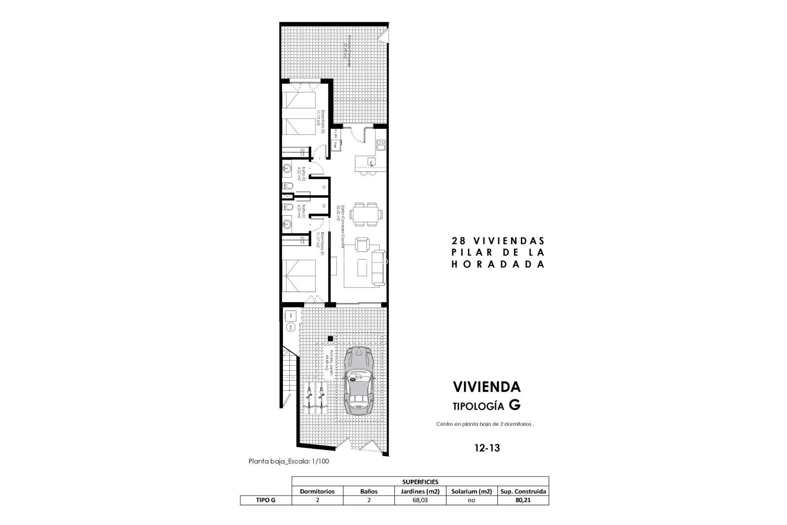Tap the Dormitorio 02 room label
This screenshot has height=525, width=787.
point(320,121)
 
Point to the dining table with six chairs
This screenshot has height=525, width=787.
point(368,214)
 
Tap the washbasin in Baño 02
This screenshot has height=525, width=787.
point(287,167)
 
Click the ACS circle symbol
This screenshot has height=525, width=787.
point(290,327)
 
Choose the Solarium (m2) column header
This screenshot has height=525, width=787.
point(471,491)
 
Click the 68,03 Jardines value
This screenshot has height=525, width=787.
point(421,500)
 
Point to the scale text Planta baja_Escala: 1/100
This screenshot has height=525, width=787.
point(289,461)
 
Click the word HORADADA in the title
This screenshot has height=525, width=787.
point(498,265)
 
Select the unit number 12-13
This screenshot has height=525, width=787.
point(487,447)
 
